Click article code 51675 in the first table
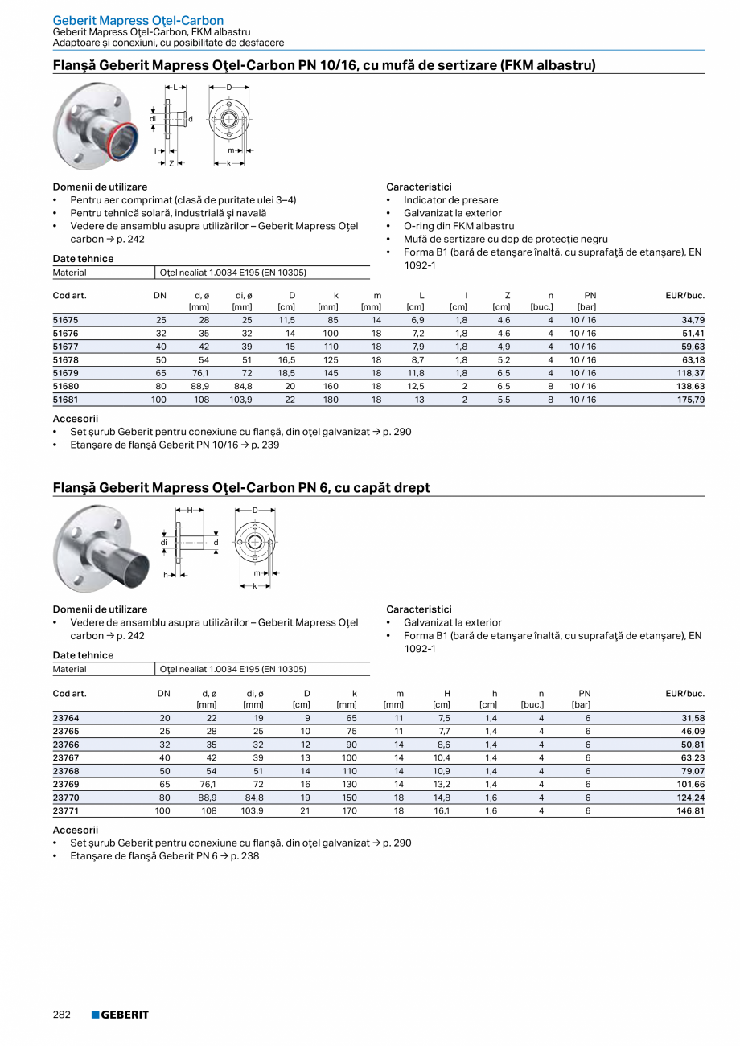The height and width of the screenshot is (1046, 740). click(x=66, y=320)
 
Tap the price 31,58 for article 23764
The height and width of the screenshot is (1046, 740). click(x=692, y=718)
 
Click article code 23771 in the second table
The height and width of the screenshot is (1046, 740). click(x=66, y=811)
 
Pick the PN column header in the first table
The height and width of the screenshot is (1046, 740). click(x=590, y=296)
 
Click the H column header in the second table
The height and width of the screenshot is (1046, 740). click(x=446, y=693)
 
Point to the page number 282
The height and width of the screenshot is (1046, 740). click(x=62, y=1015)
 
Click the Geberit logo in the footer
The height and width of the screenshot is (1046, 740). click(x=120, y=1015)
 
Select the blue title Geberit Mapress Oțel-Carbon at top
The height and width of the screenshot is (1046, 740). click(x=138, y=20)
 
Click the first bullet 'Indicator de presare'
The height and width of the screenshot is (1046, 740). click(x=450, y=200)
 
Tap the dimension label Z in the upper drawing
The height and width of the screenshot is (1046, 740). click(x=171, y=163)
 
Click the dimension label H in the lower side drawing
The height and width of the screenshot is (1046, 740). click(x=191, y=511)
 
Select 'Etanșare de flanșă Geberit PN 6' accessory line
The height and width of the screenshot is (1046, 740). click(x=164, y=856)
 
